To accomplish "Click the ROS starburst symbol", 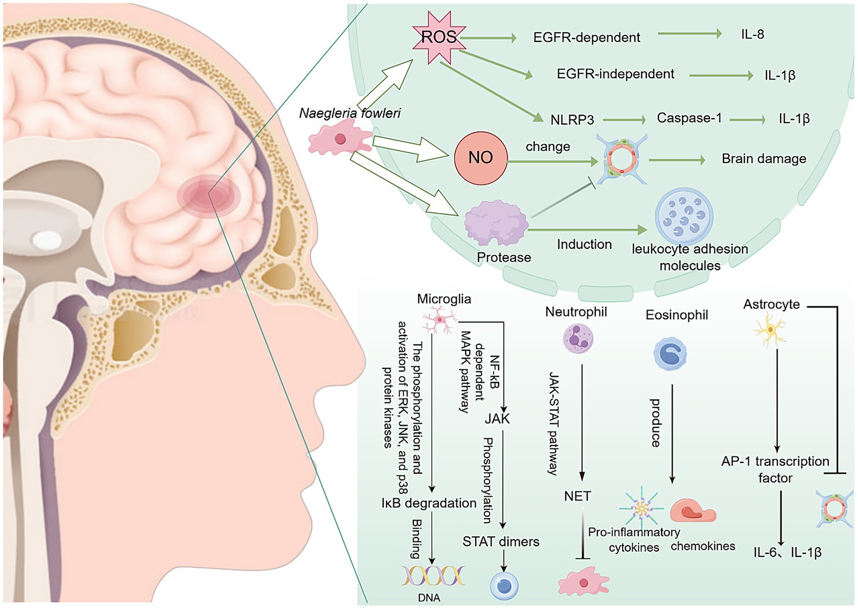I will [439, 37].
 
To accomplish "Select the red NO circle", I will [481, 158].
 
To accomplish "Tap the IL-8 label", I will [753, 34].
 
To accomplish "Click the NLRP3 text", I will [572, 120].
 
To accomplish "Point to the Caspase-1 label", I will [689, 118].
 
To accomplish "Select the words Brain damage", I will [763, 159].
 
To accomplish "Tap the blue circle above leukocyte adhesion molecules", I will [684, 216].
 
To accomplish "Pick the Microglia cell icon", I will [439, 320].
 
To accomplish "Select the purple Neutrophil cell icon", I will [578, 338].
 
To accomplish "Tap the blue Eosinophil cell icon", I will [670, 354].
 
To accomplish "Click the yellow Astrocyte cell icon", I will [770, 331].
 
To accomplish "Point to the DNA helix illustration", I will [433, 576].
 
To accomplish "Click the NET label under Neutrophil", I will [577, 496].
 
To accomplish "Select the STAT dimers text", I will [500, 542].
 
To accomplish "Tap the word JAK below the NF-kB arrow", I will [497, 419].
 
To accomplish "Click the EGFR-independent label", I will [615, 74].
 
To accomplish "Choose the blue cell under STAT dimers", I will [504, 586].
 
